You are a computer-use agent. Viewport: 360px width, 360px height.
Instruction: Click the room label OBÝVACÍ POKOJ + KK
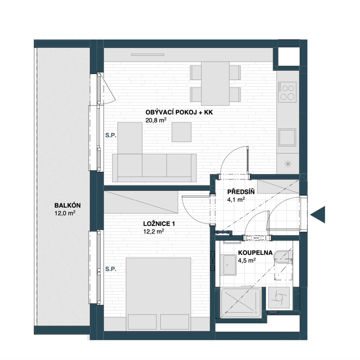pyautogui.click(x=179, y=112)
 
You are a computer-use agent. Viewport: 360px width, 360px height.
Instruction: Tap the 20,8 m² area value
pyautogui.click(x=156, y=120)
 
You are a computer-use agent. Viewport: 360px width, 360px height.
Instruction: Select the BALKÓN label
pyautogui.click(x=67, y=205)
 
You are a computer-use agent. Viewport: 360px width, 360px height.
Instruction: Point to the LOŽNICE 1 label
pyautogui.click(x=159, y=224)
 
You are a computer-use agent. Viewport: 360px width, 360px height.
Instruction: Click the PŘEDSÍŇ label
pyautogui.click(x=241, y=192)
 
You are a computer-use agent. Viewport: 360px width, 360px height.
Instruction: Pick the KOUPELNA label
pyautogui.click(x=255, y=253)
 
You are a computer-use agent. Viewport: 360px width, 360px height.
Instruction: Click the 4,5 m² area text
pyautogui.click(x=247, y=261)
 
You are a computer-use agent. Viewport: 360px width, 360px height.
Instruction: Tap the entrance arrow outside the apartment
pyautogui.click(x=318, y=215)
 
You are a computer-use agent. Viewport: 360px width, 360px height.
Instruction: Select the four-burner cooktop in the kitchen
pyautogui.click(x=287, y=92)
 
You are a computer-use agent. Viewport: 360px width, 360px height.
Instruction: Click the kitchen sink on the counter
pyautogui.click(x=287, y=137)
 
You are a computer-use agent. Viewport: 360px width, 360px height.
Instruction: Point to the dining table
pyautogui.click(x=215, y=83)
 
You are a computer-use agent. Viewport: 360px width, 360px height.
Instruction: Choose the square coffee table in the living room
pyautogui.click(x=181, y=132)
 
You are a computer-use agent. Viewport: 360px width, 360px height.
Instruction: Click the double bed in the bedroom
pyautogui.click(x=158, y=294)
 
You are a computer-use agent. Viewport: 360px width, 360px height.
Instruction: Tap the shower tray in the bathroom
pyautogui.click(x=241, y=303)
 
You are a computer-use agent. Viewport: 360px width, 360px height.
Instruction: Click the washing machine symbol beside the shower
pyautogui.click(x=279, y=298)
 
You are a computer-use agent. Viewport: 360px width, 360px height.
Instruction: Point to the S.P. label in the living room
pyautogui.click(x=111, y=135)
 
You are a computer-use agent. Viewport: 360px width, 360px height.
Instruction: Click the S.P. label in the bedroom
pyautogui.click(x=111, y=269)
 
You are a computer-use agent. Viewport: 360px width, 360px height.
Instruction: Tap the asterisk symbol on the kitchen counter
pyautogui.click(x=288, y=164)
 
